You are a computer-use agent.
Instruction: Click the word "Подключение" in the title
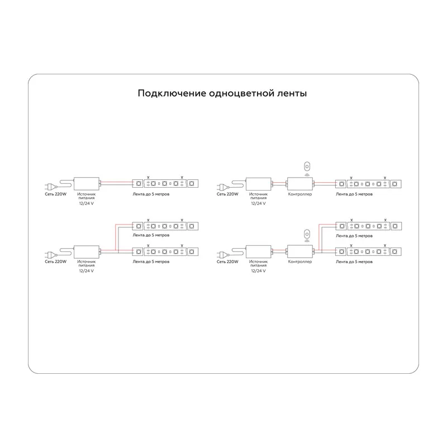pyautogui.click(x=172, y=93)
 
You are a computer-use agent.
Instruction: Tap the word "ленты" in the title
pyautogui.click(x=292, y=93)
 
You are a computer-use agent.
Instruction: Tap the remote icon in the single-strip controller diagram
pyautogui.click(x=307, y=167)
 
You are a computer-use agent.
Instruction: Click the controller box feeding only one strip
pyautogui.click(x=300, y=184)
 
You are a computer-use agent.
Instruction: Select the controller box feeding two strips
pyautogui.click(x=300, y=251)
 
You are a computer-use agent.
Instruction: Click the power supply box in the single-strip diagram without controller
pyautogui.click(x=87, y=184)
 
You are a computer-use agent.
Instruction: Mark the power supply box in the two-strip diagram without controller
pyautogui.click(x=87, y=252)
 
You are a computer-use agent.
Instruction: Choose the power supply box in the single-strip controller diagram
pyautogui.click(x=259, y=184)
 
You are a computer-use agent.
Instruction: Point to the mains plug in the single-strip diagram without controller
pyautogui.click(x=50, y=187)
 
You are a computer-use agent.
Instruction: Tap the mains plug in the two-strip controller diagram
pyautogui.click(x=222, y=254)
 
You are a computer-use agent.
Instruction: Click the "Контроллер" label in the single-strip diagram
pyautogui.click(x=300, y=194)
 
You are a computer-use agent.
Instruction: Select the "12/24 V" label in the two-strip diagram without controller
pyautogui.click(x=87, y=271)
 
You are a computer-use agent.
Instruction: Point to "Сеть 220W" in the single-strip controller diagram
pyautogui.click(x=227, y=194)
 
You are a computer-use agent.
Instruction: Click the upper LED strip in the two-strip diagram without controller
pyautogui.click(x=165, y=226)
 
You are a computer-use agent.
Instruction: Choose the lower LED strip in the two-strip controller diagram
pyautogui.click(x=368, y=252)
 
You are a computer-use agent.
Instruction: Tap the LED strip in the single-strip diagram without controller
pyautogui.click(x=165, y=184)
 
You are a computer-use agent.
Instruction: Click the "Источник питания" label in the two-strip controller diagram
pyautogui.click(x=259, y=263)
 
